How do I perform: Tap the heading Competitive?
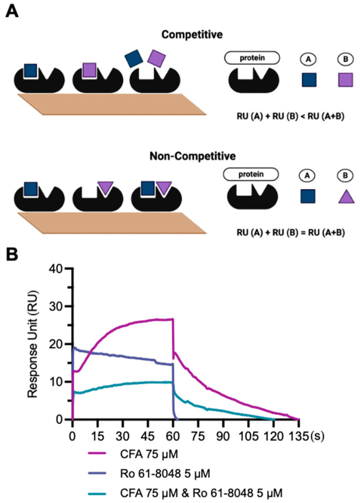192,35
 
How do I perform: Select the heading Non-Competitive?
193,156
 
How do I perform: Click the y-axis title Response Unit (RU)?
33,344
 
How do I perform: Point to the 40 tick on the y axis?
56,269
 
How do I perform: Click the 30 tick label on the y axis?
56,306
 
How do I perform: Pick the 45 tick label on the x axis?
147,436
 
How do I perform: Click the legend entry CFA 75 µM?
149,454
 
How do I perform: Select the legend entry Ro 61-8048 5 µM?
165,474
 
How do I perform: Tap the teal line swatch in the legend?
97,493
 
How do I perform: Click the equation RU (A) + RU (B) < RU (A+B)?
290,116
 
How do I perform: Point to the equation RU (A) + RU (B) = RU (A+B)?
291,232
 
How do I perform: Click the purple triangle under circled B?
346,197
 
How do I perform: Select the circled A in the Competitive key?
309,59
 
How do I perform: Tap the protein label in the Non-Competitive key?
251,174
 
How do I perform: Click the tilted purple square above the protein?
156,58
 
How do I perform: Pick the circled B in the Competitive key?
345,59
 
